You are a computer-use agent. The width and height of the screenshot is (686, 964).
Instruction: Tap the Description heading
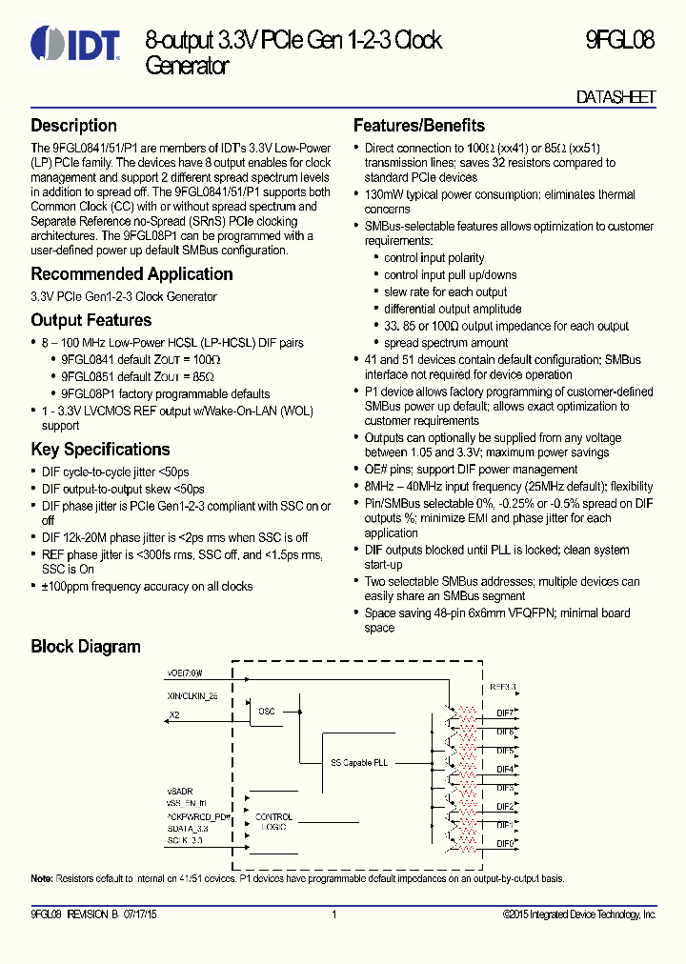pyautogui.click(x=73, y=126)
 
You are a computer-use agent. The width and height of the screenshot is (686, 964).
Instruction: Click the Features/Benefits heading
pyautogui.click(x=418, y=126)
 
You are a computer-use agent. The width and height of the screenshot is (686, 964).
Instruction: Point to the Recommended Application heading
pyautogui.click(x=131, y=274)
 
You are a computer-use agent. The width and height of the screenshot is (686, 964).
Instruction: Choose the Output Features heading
pyautogui.click(x=91, y=321)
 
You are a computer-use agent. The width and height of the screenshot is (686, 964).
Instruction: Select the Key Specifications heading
pyautogui.click(x=100, y=450)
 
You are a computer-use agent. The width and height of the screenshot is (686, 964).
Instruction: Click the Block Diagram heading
pyautogui.click(x=85, y=647)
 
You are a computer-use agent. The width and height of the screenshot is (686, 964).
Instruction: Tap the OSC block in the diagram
pyautogui.click(x=267, y=711)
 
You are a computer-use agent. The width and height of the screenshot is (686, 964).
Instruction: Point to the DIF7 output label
pyautogui.click(x=505, y=713)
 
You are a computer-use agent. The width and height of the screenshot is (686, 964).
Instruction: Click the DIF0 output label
pyautogui.click(x=505, y=843)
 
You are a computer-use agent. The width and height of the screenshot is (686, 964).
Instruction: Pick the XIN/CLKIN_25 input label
pyautogui.click(x=192, y=695)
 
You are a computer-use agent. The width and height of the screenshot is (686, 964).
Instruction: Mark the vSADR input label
pyautogui.click(x=178, y=791)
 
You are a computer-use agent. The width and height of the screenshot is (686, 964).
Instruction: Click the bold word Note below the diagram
pyautogui.click(x=41, y=878)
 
